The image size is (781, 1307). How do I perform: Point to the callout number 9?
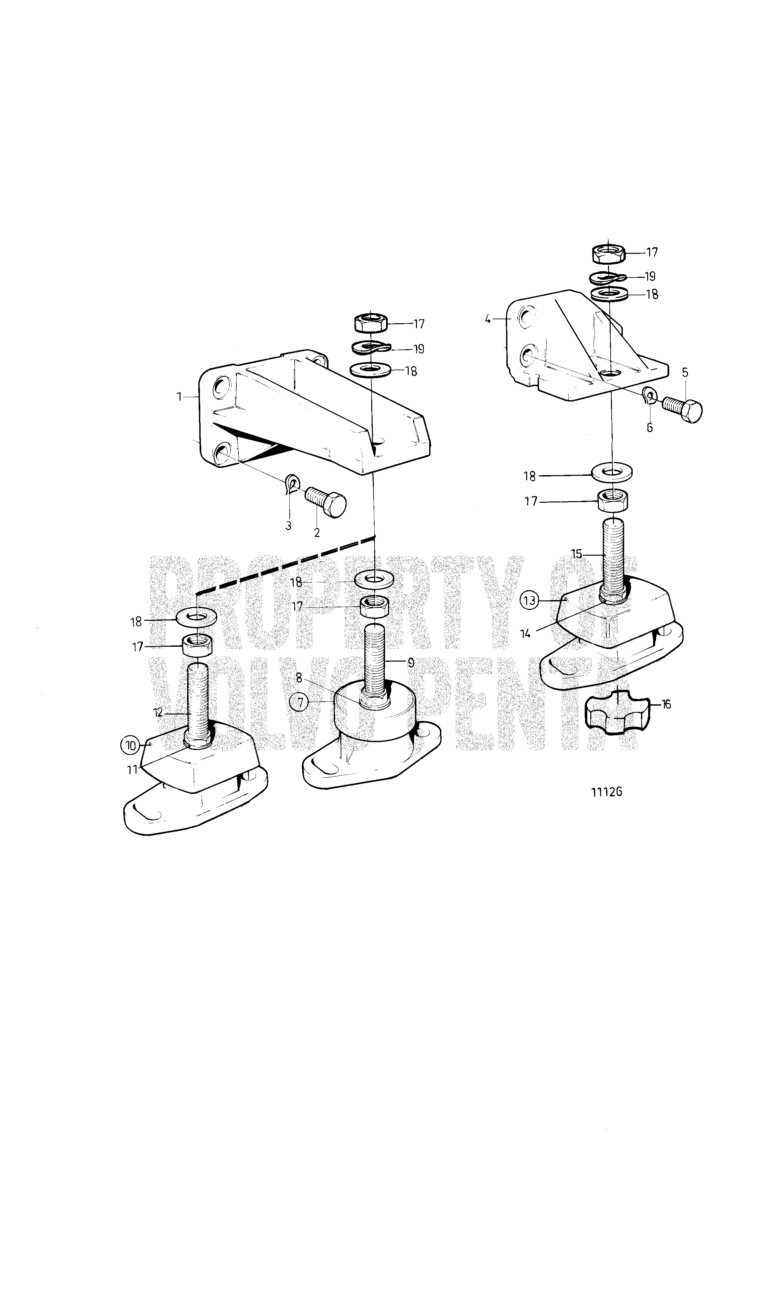click(x=410, y=663)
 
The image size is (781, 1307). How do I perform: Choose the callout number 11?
click(x=132, y=769)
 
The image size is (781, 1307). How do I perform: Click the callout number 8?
click(x=299, y=678)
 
